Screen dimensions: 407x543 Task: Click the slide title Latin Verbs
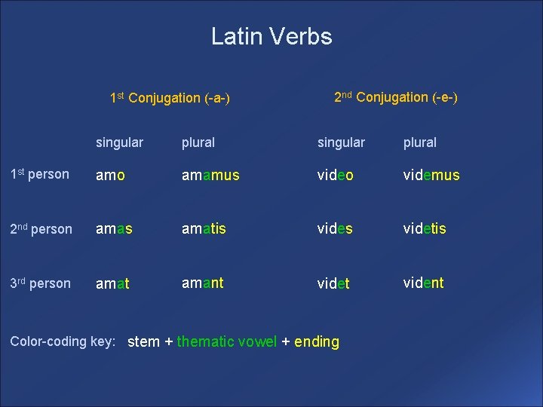pos(271,36)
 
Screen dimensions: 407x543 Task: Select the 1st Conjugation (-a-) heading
pos(170,98)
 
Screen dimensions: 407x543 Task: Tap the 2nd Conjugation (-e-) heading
pos(396,97)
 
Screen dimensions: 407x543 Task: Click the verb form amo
pos(111,176)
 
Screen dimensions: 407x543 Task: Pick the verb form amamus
pos(210,176)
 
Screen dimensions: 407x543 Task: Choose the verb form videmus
pos(431,176)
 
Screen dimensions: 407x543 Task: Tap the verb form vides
pos(334,228)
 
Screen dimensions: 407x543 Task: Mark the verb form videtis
pos(425,228)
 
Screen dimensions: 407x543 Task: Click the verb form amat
pos(112,284)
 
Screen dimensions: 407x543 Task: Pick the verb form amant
pos(202,283)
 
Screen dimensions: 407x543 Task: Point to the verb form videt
pos(333,284)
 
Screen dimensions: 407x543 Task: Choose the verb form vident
pos(423,283)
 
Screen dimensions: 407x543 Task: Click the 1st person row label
pos(39,174)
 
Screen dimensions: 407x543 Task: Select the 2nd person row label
pos(41,229)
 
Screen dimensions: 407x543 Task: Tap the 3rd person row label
pos(40,283)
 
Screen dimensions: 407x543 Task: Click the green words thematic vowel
pos(227,341)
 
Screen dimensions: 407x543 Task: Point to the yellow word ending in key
pos(317,341)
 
